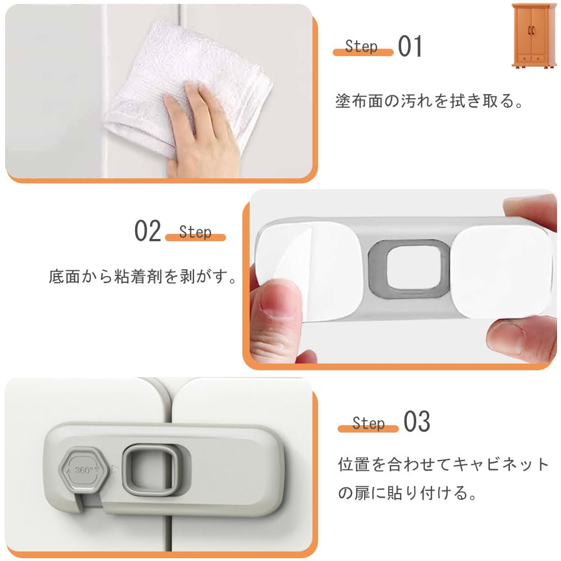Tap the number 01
click(x=410, y=46)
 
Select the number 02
click(x=148, y=231)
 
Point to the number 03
click(x=417, y=421)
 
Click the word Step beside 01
click(x=361, y=47)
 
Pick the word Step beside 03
click(x=369, y=423)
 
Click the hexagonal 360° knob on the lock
click(x=84, y=470)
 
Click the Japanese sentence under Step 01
click(x=429, y=101)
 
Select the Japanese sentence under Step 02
click(x=142, y=277)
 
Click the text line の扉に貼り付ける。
click(x=407, y=493)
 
